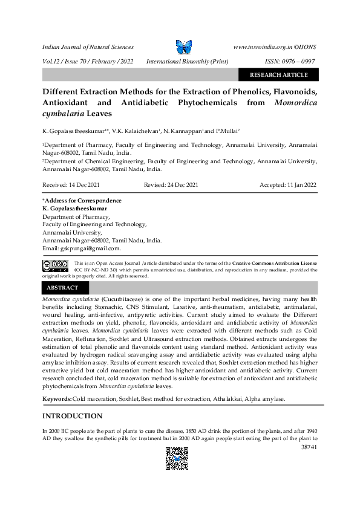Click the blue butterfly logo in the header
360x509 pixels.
click(x=183, y=47)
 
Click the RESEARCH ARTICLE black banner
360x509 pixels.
click(x=278, y=75)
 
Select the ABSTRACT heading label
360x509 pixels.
click(x=62, y=288)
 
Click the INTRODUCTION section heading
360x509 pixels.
click(x=72, y=416)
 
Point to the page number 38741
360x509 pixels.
click(x=309, y=448)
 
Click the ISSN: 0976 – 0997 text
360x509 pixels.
click(x=290, y=62)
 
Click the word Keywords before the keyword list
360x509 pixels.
click(x=56, y=400)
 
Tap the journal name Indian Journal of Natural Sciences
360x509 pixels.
click(x=88, y=47)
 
